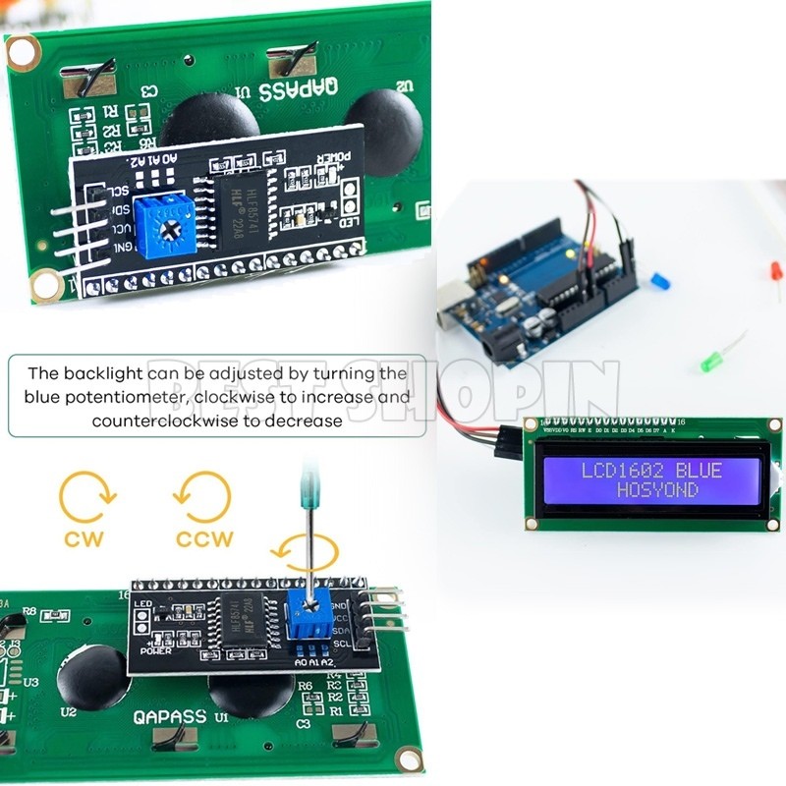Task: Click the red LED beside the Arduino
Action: pos(776,274)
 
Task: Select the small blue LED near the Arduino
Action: pos(661,282)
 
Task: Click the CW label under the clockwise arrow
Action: pos(84,537)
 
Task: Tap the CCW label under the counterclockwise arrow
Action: pos(204,538)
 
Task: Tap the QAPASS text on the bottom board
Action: pos(170,717)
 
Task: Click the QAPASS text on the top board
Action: pos(301,85)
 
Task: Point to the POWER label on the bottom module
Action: pos(155,649)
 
